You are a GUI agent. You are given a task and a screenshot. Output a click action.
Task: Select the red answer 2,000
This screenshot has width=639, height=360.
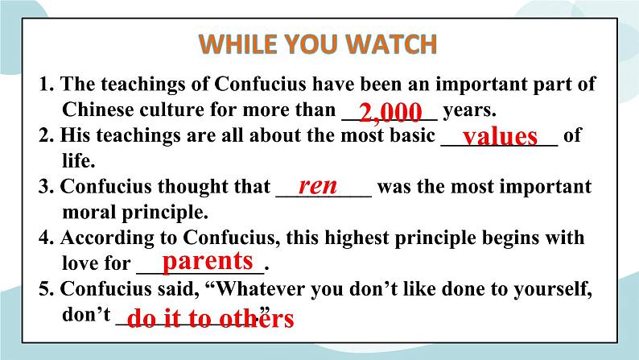tap(390, 111)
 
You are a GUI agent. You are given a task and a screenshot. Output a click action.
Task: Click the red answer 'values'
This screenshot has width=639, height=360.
tap(500, 136)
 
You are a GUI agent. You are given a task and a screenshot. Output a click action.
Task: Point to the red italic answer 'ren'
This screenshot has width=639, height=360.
tap(318, 186)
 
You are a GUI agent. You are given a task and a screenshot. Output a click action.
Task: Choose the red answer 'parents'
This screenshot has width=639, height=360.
tap(208, 261)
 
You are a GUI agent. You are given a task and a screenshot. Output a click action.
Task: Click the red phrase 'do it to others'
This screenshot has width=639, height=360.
tap(211, 319)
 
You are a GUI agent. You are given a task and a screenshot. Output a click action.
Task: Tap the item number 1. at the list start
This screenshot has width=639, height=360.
tap(46, 84)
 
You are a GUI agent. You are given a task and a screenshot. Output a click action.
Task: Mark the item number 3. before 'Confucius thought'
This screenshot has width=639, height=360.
tap(46, 188)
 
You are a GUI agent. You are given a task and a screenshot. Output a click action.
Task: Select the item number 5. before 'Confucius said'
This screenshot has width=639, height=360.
tap(46, 290)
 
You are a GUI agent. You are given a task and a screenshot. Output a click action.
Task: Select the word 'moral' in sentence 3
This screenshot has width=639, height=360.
tap(86, 213)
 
